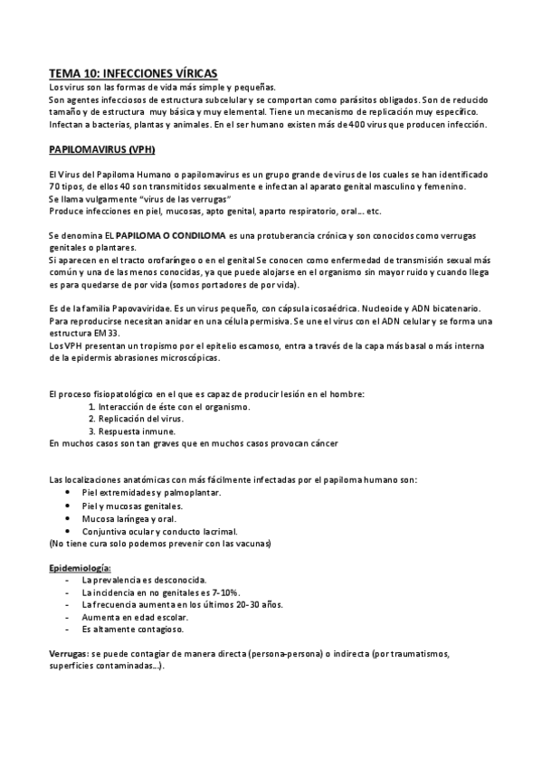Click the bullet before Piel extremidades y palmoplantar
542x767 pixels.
(x=69, y=493)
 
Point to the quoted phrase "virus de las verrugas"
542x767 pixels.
(x=178, y=198)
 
